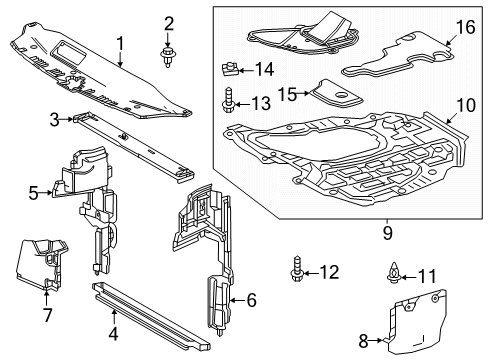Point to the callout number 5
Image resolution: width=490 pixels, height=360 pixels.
[31, 192]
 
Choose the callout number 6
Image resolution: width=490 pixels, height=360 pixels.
[252, 298]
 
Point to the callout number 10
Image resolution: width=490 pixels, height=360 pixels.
[466, 132]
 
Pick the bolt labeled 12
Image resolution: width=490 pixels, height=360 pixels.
[299, 272]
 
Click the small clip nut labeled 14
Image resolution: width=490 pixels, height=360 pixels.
[229, 70]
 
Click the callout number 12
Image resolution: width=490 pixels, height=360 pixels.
[331, 272]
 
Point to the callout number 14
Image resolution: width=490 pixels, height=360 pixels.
[264, 69]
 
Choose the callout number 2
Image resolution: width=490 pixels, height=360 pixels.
[169, 22]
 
